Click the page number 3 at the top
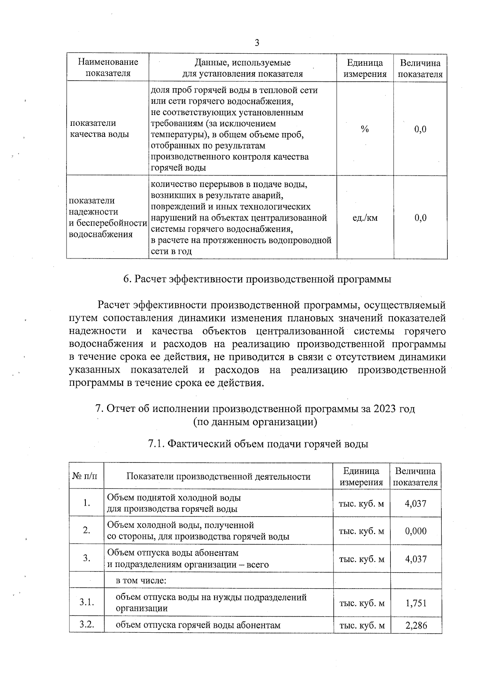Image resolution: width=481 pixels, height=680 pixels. (257, 43)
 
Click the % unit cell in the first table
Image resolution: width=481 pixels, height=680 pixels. (364, 129)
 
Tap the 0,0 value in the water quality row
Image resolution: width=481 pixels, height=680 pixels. (420, 129)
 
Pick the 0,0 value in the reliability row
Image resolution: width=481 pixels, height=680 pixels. (420, 218)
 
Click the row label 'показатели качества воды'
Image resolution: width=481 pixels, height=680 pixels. (99, 129)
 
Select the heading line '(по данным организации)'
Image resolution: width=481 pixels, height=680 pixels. (255, 422)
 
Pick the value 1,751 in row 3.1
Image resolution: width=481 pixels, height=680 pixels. (416, 603)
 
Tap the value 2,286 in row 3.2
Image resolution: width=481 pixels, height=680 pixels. (416, 625)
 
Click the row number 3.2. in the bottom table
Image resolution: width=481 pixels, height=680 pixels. (87, 624)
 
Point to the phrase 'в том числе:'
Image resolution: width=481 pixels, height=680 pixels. (141, 580)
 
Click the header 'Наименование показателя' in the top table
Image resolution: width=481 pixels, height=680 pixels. (108, 68)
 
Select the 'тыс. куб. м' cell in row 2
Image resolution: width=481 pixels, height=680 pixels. (361, 531)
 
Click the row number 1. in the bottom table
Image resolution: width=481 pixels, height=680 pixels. (87, 503)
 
